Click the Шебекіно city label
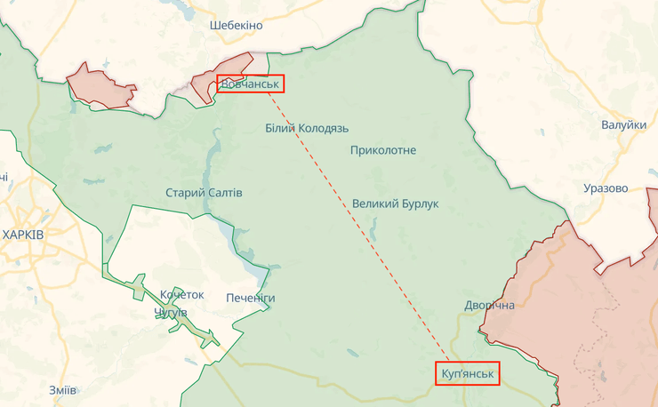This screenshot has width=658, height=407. click(237, 25)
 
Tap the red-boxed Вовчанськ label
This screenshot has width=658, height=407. click(250, 84)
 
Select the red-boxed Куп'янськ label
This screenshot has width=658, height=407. click(468, 373)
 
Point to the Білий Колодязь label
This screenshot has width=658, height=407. click(307, 128)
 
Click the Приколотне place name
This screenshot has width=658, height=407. click(383, 150)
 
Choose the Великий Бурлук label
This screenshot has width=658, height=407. click(396, 203)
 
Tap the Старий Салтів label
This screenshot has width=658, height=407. click(204, 193)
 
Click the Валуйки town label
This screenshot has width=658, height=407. click(623, 125)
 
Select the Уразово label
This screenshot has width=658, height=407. click(606, 188)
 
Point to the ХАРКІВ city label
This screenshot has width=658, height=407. click(36, 235)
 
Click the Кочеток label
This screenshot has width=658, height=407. click(181, 295)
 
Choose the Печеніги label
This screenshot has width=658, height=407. click(250, 298)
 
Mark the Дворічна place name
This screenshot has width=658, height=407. click(489, 306)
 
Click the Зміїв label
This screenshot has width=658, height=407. click(62, 390)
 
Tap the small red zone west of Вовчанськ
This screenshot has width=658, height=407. click(100, 85)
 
